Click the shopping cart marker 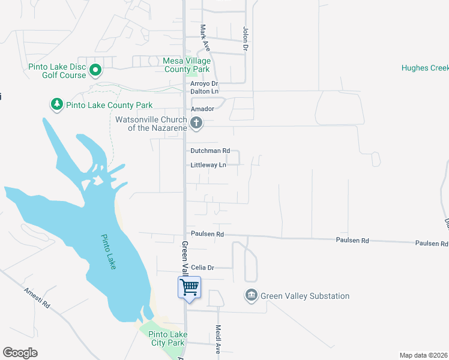click(x=189, y=287)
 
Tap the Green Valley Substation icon click(x=251, y=296)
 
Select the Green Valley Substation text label click(x=305, y=296)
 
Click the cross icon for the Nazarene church click(x=196, y=124)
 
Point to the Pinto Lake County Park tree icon click(x=57, y=104)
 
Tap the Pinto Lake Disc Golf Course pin click(x=95, y=71)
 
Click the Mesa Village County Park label click(x=187, y=65)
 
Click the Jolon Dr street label click(x=245, y=38)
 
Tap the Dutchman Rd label click(x=210, y=151)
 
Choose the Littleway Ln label click(x=208, y=165)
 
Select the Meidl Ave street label click(x=218, y=340)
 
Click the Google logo click(x=20, y=353)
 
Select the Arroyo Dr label click(x=204, y=83)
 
